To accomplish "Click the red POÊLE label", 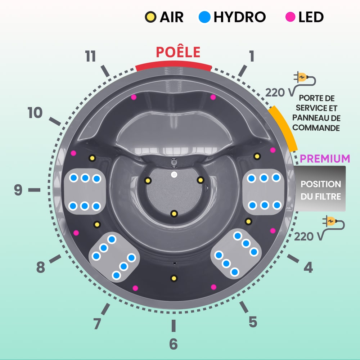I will [x=178, y=52].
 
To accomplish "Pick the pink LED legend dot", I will [x=290, y=17].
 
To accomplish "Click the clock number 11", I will [x=90, y=57].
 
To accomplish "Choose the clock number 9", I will [x=18, y=190].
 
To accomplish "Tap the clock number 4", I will [x=308, y=267].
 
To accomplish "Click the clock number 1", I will [x=251, y=56].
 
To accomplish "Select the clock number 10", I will [x=35, y=113].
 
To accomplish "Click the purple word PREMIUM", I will [x=325, y=158].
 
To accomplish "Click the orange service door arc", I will [x=283, y=128].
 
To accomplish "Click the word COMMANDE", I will [x=316, y=128].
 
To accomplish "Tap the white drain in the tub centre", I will [x=174, y=175].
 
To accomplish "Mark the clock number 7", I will [x=97, y=324].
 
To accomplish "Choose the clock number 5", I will [x=253, y=321].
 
